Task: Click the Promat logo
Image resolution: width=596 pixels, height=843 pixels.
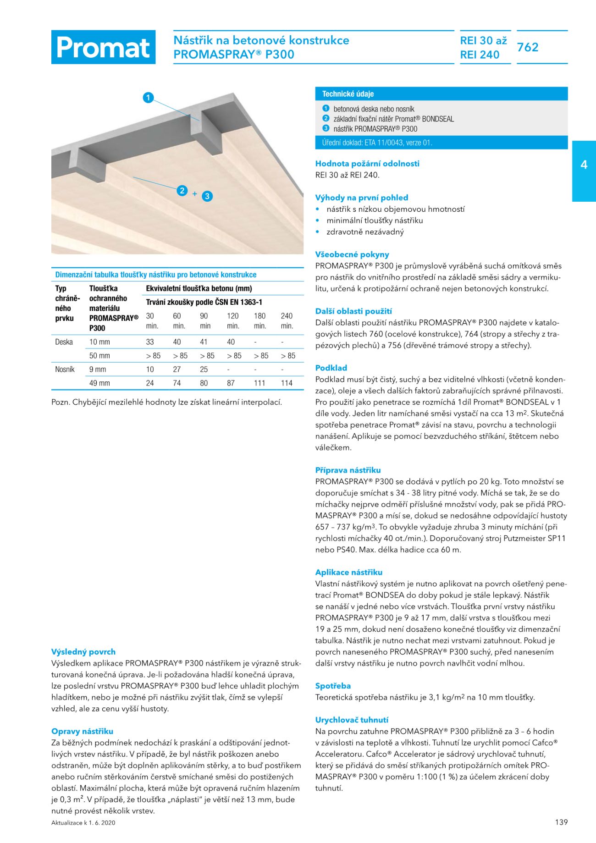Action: click(x=103, y=47)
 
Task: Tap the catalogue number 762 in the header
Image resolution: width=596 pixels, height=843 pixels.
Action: click(x=528, y=47)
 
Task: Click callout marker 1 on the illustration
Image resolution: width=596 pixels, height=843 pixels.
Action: click(x=148, y=98)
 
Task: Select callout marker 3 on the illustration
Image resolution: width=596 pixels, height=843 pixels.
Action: click(x=207, y=196)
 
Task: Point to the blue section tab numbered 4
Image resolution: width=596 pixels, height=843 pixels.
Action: click(x=584, y=165)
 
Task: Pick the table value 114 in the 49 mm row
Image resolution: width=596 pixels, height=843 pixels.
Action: click(x=287, y=383)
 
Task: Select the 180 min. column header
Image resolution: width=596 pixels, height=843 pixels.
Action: click(x=260, y=321)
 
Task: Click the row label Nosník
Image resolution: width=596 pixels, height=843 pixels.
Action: click(x=65, y=369)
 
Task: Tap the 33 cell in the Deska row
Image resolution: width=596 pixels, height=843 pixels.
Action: click(x=150, y=342)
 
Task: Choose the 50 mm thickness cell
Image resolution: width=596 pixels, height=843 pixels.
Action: click(x=99, y=356)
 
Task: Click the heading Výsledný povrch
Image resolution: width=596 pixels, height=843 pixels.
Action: click(x=83, y=652)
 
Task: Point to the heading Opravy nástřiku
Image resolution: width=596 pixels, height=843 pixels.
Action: click(x=82, y=732)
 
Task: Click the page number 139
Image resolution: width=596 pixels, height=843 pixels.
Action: click(x=561, y=822)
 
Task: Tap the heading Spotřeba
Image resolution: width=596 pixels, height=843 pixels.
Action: click(x=333, y=686)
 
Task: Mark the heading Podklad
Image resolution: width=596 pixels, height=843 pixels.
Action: click(x=331, y=368)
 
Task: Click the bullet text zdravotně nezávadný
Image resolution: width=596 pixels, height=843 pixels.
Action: click(x=365, y=232)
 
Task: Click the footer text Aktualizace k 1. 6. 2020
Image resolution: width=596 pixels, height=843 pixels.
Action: click(x=83, y=823)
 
